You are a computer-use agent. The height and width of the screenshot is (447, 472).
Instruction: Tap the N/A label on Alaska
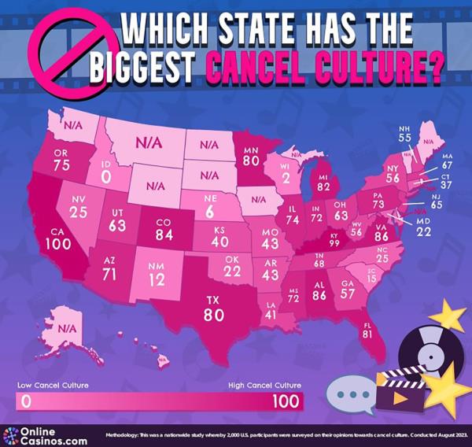pos(69,327)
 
